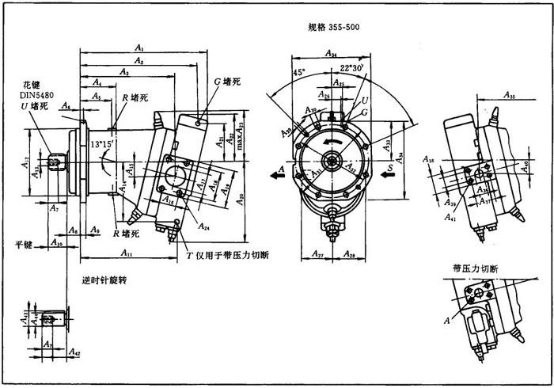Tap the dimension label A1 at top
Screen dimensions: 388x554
click(140, 49)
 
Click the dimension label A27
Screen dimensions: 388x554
click(317, 255)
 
